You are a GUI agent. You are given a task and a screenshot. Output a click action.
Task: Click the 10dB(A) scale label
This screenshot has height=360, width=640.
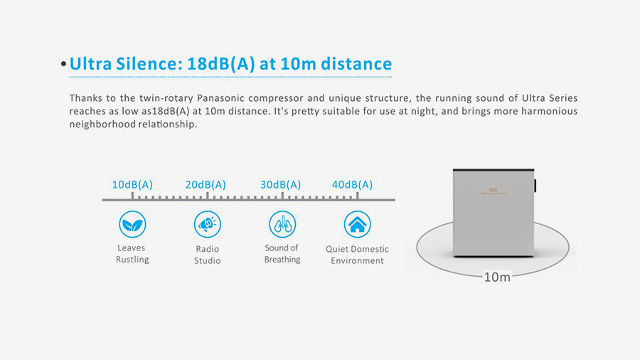132,185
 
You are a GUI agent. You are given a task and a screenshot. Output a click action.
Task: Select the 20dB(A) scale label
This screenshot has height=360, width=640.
206,185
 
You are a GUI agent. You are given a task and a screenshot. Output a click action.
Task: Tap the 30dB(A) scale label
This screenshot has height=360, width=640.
281,185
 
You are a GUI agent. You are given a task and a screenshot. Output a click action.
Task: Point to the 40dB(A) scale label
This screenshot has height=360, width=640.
352,185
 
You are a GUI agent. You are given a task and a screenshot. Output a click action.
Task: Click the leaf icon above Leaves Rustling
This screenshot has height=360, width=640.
132,224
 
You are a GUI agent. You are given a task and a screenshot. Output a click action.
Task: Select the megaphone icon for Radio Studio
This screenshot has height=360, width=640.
208,224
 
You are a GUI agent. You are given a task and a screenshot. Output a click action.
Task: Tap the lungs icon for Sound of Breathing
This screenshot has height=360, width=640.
282,224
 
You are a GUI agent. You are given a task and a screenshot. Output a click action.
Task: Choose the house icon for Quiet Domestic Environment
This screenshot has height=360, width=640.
357,224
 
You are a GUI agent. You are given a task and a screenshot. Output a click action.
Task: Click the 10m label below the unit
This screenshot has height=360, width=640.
497,277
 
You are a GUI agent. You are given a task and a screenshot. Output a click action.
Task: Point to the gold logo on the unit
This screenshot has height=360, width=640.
493,191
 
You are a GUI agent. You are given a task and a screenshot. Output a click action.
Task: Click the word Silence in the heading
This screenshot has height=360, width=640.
146,63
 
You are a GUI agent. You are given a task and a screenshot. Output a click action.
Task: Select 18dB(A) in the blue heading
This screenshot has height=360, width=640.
221,64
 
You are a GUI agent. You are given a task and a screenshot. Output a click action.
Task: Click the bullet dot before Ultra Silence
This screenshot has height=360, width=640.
63,64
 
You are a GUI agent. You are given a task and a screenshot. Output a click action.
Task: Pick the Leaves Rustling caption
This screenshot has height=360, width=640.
132,253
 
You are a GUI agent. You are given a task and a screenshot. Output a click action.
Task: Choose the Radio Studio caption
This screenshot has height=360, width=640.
208,255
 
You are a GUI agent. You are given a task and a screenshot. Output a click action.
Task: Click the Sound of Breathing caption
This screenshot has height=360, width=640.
282,253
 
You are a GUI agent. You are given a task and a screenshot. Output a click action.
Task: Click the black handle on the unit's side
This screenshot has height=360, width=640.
535,185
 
